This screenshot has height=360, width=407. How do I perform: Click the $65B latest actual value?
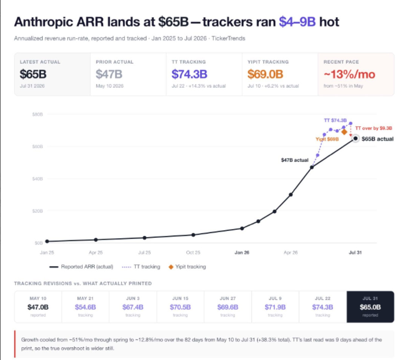click(x=33, y=74)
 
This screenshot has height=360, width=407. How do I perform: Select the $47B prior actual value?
click(x=109, y=74)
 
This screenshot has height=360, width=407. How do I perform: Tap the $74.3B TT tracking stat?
click(x=190, y=74)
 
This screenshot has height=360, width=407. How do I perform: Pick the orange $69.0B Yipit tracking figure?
click(x=265, y=74)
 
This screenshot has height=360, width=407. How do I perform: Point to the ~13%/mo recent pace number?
click(x=349, y=75)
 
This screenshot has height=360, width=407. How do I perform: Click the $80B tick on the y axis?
click(x=37, y=114)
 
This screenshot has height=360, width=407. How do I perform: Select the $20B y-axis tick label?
click(x=37, y=211)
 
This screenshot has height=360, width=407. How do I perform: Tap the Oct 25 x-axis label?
click(x=193, y=253)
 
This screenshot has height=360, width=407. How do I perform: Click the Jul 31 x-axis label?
click(x=355, y=253)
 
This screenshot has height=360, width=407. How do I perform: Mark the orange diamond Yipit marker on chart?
click(x=344, y=132)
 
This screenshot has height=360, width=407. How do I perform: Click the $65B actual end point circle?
click(x=355, y=139)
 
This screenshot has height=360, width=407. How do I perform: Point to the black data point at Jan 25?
click(x=47, y=241)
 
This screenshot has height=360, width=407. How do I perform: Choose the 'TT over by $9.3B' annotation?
click(x=373, y=128)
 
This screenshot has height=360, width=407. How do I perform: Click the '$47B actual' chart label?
click(x=295, y=160)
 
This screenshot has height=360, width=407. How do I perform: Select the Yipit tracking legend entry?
click(x=187, y=267)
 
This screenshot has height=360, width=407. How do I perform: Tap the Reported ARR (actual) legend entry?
click(x=81, y=267)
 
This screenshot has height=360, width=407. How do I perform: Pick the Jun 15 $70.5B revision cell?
click(x=181, y=307)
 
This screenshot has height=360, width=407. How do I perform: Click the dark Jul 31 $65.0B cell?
click(x=370, y=307)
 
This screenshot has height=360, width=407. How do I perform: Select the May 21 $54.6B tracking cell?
click(x=86, y=307)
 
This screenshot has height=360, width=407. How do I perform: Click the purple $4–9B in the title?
click(x=297, y=21)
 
